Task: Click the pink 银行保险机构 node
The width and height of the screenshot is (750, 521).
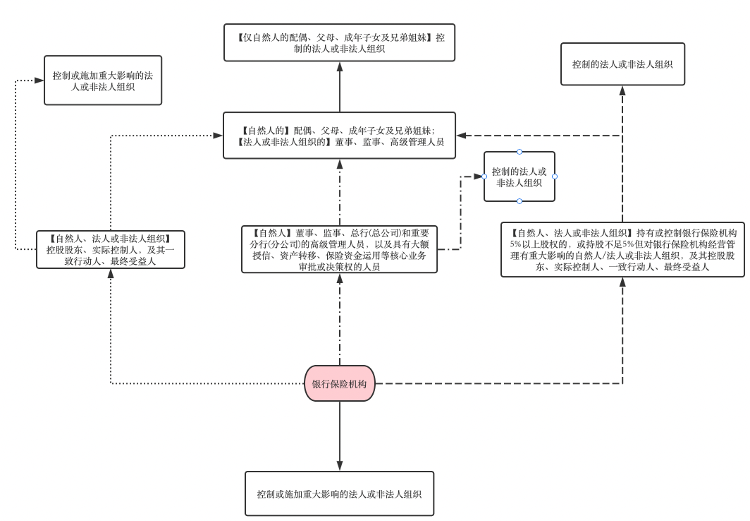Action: (339, 383)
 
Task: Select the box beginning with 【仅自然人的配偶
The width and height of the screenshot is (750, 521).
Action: (339, 42)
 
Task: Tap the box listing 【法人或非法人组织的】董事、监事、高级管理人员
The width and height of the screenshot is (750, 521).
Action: (339, 136)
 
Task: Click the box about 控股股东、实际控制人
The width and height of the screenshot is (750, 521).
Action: (111, 249)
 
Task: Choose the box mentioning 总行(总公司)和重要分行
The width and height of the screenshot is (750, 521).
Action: (339, 249)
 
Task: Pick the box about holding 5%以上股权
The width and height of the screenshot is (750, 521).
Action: (622, 249)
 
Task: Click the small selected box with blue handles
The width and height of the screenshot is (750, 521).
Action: (520, 176)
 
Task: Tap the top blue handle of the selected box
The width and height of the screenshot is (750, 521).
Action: (520, 152)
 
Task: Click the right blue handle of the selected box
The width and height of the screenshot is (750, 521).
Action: (555, 176)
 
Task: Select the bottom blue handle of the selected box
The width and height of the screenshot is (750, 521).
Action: (520, 201)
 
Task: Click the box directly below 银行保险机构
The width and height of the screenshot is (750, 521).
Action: (339, 493)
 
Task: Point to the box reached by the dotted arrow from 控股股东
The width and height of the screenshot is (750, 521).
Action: (103, 80)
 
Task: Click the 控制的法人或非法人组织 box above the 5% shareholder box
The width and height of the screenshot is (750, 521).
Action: (622, 64)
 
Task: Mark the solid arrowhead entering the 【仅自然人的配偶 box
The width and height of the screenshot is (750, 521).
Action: (339, 66)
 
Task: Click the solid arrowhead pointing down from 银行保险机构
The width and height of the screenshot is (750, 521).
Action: (339, 466)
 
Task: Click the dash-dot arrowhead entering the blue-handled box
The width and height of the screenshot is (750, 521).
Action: (479, 176)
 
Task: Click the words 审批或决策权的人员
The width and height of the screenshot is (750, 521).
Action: (339, 267)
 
